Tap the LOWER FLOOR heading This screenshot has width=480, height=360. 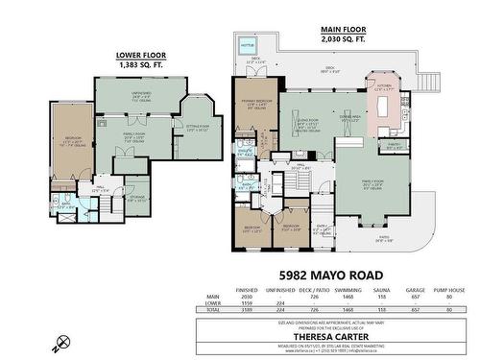pyautogui.click(x=141, y=56)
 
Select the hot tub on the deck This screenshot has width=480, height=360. pyautogui.click(x=248, y=44)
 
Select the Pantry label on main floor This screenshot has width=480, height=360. pyautogui.click(x=393, y=146)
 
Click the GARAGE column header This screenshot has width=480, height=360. pyautogui.click(x=416, y=288)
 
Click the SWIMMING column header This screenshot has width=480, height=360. pyautogui.click(x=341, y=288)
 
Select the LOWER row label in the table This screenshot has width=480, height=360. pyautogui.click(x=212, y=303)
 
